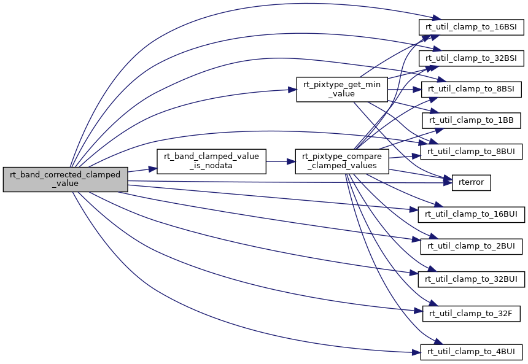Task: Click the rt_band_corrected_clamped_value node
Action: pyautogui.click(x=65, y=179)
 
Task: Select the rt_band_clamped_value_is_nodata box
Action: pyautogui.click(x=212, y=161)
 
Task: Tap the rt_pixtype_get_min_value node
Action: pyautogui.click(x=341, y=89)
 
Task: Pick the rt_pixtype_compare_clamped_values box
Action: pyautogui.click(x=341, y=161)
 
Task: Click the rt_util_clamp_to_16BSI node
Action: pyautogui.click(x=472, y=27)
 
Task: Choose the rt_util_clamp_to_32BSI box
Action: pyautogui.click(x=472, y=58)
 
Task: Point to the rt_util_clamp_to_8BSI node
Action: pyautogui.click(x=472, y=89)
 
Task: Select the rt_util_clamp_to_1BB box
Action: pyautogui.click(x=472, y=120)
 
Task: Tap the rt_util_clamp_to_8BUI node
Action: pyautogui.click(x=472, y=151)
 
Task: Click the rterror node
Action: pyautogui.click(x=472, y=182)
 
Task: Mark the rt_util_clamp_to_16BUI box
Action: pyautogui.click(x=472, y=214)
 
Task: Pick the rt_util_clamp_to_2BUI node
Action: pyautogui.click(x=472, y=246)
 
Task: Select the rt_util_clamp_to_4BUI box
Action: pyautogui.click(x=472, y=352)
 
